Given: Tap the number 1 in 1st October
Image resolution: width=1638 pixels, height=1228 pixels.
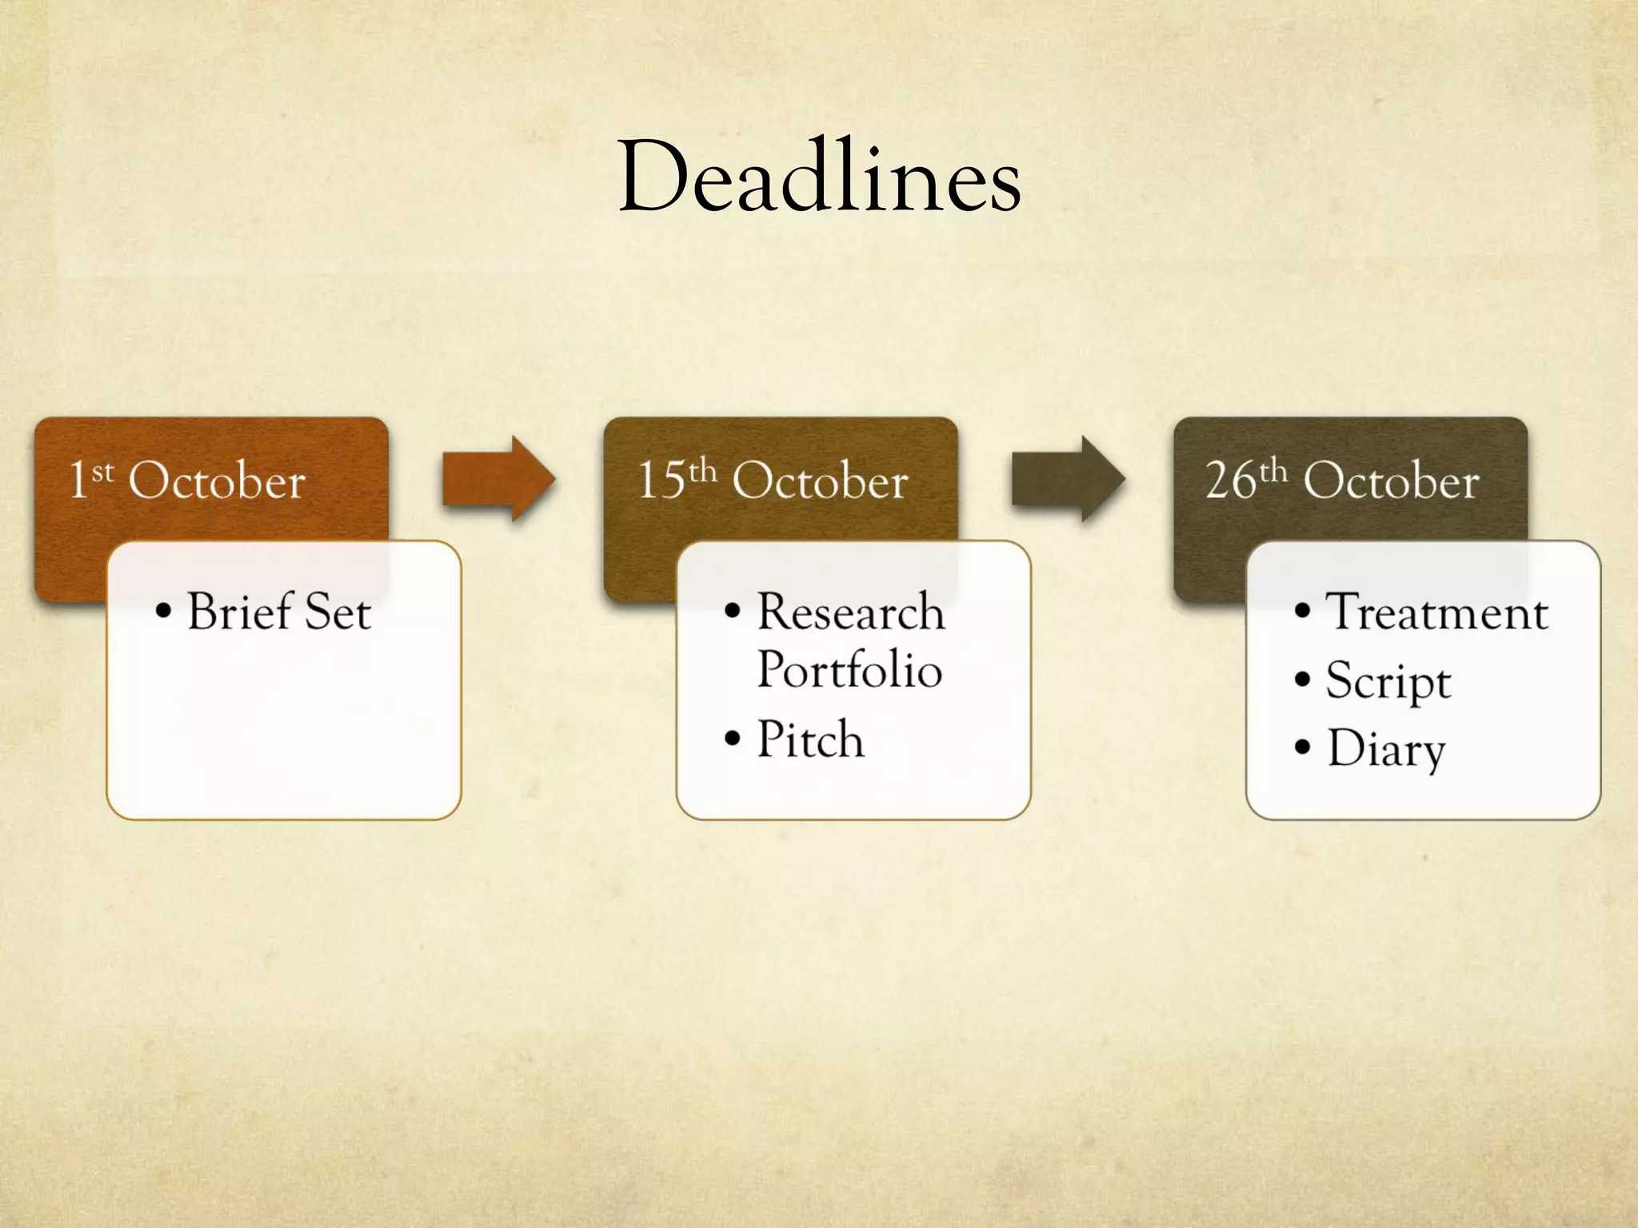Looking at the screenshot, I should click(78, 480).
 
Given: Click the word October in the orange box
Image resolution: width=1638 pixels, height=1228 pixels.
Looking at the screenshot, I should click(217, 481).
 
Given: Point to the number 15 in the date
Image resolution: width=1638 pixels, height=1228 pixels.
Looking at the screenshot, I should click(661, 480).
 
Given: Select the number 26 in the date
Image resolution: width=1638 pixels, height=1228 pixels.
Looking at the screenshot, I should click(1231, 480).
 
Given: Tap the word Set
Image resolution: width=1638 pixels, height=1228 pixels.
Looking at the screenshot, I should click(338, 613).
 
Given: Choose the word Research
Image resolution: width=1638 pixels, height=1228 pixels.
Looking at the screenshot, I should click(851, 612).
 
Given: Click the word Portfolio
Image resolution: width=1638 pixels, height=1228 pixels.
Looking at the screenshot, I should click(849, 670).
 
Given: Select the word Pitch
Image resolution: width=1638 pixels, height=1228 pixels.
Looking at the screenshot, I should click(810, 739).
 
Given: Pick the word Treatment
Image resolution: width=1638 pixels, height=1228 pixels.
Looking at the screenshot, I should click(1437, 613).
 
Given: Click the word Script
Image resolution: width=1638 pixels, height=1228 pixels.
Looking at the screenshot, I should click(1388, 682).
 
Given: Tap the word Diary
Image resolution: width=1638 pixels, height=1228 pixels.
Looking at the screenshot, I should click(1387, 749).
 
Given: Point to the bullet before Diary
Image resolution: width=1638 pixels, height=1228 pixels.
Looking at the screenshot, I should click(1303, 748).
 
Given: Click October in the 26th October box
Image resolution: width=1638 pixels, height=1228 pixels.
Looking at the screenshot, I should click(1391, 481).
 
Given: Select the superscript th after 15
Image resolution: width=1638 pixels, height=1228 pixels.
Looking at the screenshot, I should click(702, 471).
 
